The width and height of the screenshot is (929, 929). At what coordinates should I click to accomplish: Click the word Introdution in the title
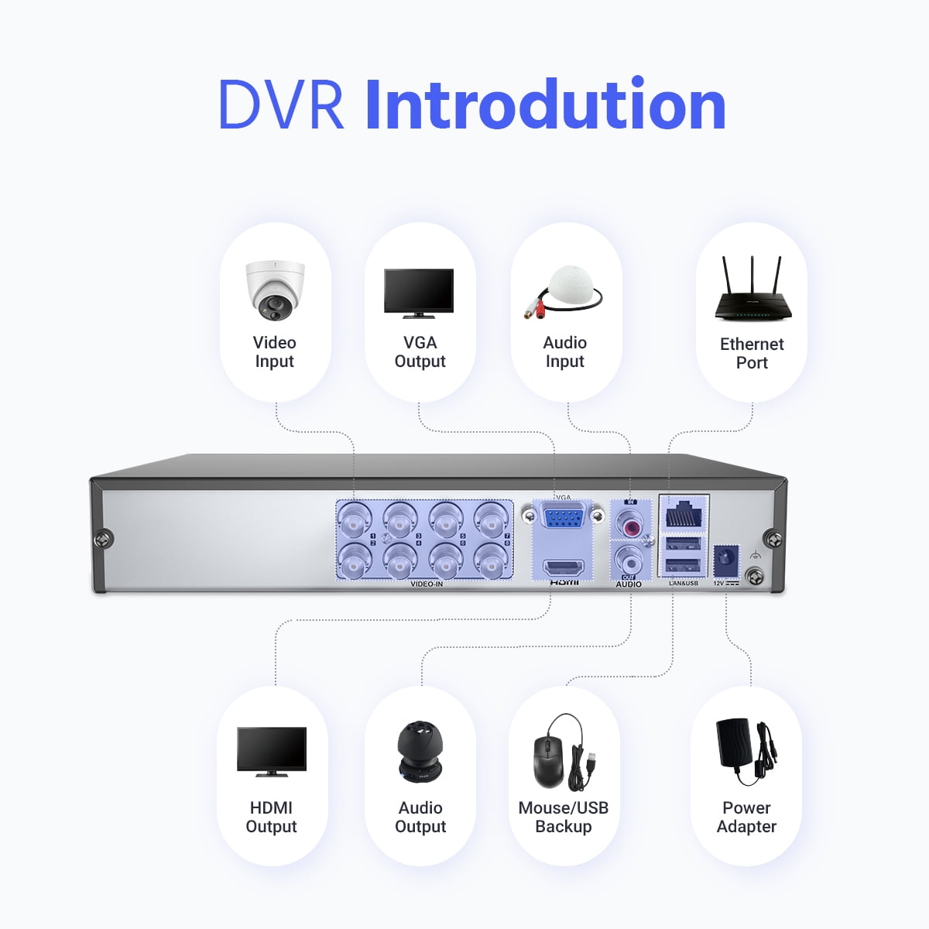[x=545, y=105]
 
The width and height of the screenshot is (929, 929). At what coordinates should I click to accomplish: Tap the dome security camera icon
[x=275, y=290]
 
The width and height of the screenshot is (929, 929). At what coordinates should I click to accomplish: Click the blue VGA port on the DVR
[x=563, y=516]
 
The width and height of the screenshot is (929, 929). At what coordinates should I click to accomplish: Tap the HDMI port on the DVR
[x=564, y=568]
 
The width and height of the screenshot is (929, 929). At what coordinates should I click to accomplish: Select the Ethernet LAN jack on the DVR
[x=684, y=514]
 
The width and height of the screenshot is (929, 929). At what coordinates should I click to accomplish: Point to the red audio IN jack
[x=630, y=527]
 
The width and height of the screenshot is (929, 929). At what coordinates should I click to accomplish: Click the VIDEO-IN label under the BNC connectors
[x=427, y=584]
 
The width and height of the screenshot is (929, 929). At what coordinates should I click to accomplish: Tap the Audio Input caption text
[x=565, y=352]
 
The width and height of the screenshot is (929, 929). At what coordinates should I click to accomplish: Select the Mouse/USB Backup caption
[x=564, y=818]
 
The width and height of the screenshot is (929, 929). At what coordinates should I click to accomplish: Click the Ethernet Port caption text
[x=752, y=354]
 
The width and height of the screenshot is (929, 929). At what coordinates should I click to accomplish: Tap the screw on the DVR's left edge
[x=103, y=540]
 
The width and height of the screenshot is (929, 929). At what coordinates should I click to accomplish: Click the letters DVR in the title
[x=281, y=105]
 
